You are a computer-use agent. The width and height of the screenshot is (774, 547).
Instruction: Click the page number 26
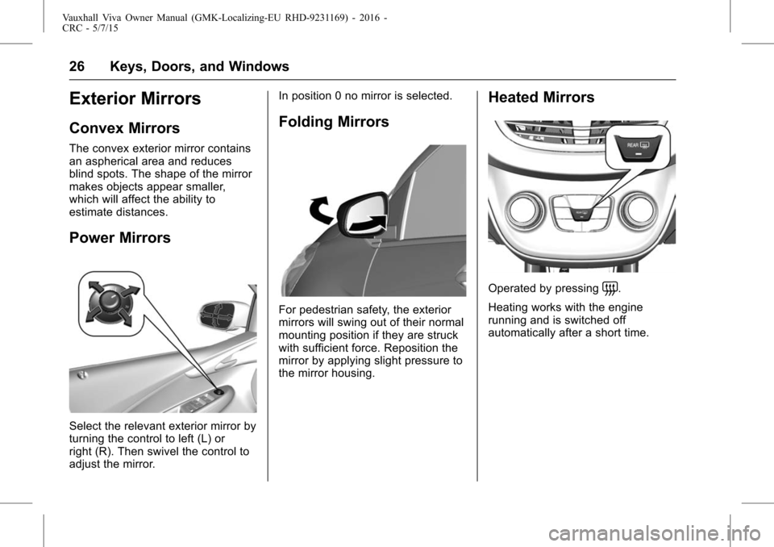coord(77,66)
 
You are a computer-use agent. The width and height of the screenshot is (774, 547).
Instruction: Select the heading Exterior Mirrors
coord(135,98)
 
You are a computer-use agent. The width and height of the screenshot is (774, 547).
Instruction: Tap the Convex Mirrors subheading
coord(124,128)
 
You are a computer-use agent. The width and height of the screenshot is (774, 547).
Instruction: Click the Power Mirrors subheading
coord(120,238)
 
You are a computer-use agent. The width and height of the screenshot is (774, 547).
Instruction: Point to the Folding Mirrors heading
coord(334,122)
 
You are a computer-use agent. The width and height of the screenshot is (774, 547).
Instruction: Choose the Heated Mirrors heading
coord(541,98)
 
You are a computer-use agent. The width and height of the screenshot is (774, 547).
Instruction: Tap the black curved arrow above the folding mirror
coord(318,210)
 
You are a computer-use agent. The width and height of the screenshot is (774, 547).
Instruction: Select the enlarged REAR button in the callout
coord(638,148)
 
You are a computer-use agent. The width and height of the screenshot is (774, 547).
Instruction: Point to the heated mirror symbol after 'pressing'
coord(610,287)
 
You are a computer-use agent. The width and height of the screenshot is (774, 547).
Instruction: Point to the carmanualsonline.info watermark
coord(655,533)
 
